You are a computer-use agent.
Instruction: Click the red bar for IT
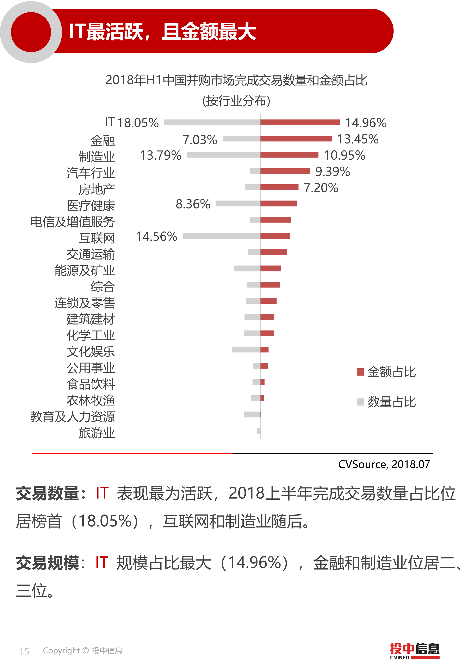[x=300, y=122]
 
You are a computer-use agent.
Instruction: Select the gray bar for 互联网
[x=221, y=236]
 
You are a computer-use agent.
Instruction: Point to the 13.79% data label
[x=161, y=155]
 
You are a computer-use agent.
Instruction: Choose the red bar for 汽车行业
[x=285, y=171]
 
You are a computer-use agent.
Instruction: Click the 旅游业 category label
[x=97, y=433]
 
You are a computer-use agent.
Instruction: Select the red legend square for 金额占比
[x=360, y=372]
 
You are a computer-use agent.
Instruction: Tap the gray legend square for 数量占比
[x=360, y=402]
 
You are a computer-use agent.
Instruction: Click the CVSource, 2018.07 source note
[x=384, y=464]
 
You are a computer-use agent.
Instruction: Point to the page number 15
[x=24, y=651]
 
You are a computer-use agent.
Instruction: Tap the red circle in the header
[x=31, y=32]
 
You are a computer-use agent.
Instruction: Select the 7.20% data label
[x=321, y=188]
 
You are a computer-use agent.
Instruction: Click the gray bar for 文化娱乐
[x=246, y=350]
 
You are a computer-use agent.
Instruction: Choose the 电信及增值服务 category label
[x=73, y=222]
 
